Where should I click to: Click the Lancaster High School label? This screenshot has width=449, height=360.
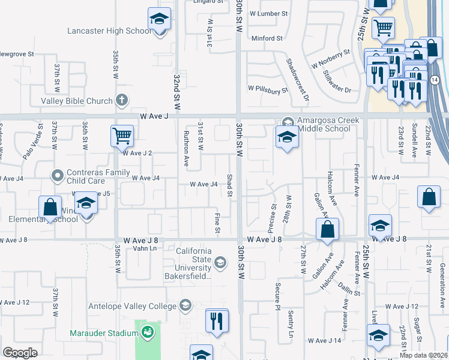coord(109,31)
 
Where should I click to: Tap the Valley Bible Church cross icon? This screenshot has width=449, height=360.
coord(121,101)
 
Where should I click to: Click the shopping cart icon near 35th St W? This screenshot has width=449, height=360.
coord(122,136)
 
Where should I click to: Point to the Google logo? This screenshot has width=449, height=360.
coord(20,353)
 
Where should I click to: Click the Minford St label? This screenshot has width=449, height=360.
coord(267,38)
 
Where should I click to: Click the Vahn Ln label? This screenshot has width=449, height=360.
coord(140,248)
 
